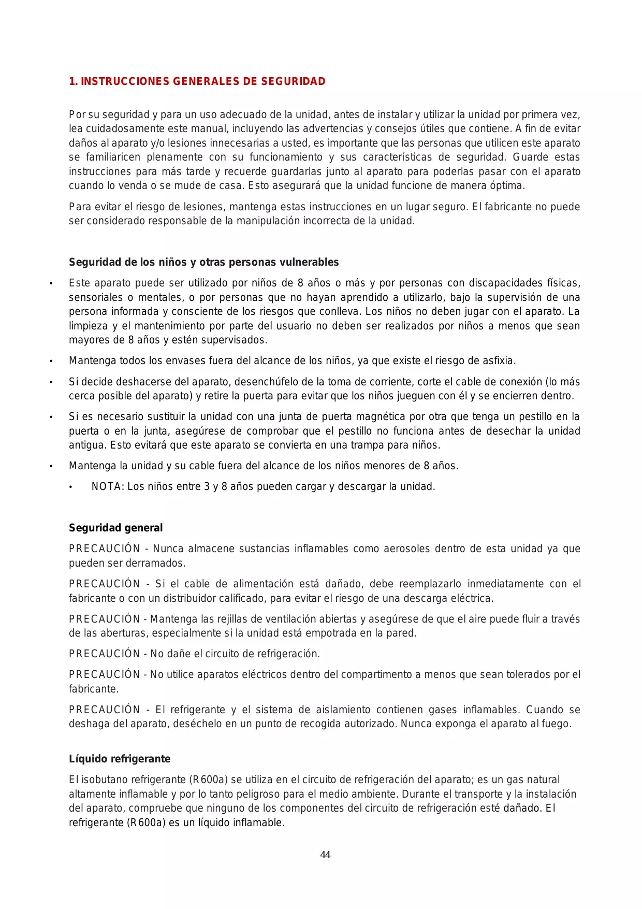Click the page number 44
pyautogui.click(x=325, y=855)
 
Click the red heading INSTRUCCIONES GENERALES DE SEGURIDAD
pyautogui.click(x=203, y=81)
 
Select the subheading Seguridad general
pyautogui.click(x=115, y=528)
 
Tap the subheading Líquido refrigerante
pyautogui.click(x=120, y=759)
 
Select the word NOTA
pyautogui.click(x=107, y=486)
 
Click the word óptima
pyautogui.click(x=507, y=185)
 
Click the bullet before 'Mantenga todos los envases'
pyautogui.click(x=51, y=361)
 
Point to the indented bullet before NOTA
pyautogui.click(x=71, y=487)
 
